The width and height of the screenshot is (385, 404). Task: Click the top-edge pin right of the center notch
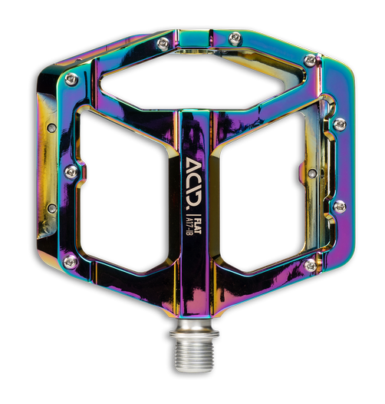235,38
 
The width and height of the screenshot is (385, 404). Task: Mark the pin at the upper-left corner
71,79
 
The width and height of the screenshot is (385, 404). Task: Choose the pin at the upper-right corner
310,60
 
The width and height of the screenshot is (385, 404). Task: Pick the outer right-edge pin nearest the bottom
339,206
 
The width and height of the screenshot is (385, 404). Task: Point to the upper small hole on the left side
50,129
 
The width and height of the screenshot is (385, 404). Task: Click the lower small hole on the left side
50,207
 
